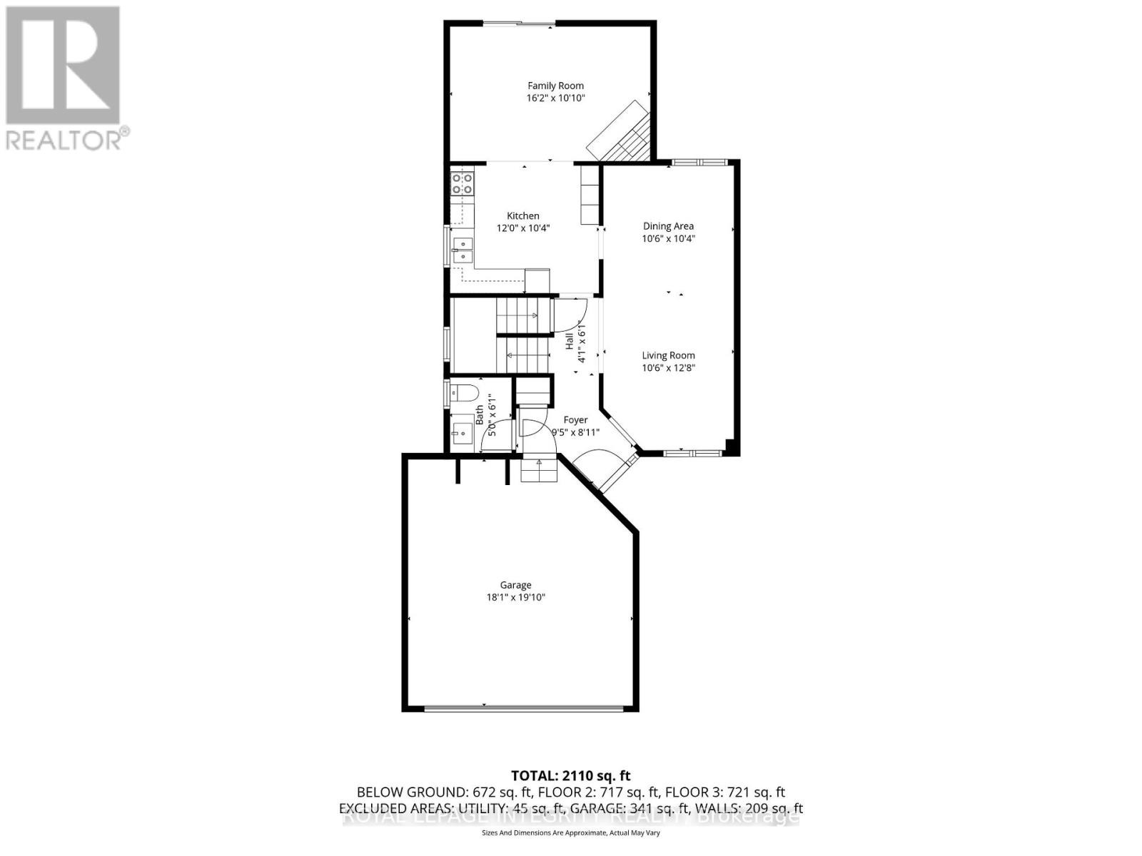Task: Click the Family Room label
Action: (x=555, y=86)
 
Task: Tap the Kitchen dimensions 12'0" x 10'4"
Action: (x=523, y=228)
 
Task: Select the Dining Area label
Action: (x=668, y=226)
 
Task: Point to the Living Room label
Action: (x=668, y=355)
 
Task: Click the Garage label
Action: (x=515, y=585)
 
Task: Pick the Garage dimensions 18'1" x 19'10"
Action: (x=515, y=598)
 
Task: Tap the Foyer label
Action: (x=575, y=420)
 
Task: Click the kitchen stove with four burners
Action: (x=463, y=183)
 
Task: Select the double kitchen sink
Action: (x=463, y=250)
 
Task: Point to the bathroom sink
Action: (x=461, y=432)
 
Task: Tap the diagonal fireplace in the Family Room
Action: (x=619, y=133)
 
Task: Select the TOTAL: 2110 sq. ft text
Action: (x=570, y=775)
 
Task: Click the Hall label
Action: (x=570, y=341)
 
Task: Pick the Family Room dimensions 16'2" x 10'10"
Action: (x=555, y=98)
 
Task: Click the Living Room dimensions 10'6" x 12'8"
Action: (x=668, y=368)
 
